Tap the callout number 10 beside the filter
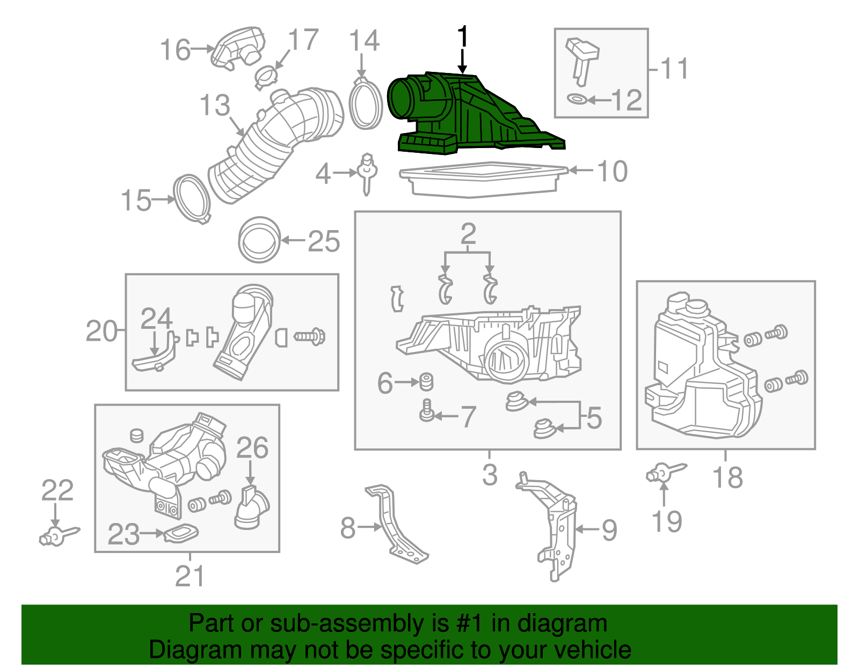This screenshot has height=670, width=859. [612, 172]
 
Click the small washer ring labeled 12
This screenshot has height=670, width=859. [577, 99]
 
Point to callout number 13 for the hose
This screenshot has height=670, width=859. [215, 105]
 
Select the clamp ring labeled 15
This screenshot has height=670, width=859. [192, 198]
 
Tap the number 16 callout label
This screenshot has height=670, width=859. [176, 50]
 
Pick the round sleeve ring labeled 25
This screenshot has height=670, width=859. [259, 240]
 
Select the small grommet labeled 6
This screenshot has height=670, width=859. [426, 381]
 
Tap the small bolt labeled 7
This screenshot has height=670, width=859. [427, 413]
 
